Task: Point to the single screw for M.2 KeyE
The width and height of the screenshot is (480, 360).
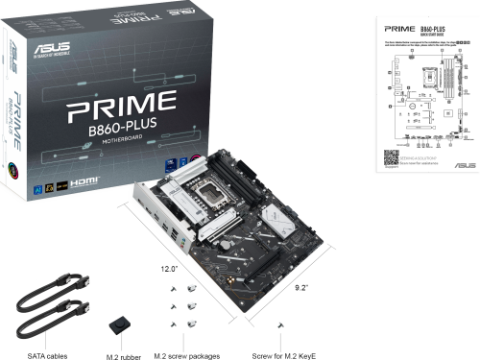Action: tap(281, 325)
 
